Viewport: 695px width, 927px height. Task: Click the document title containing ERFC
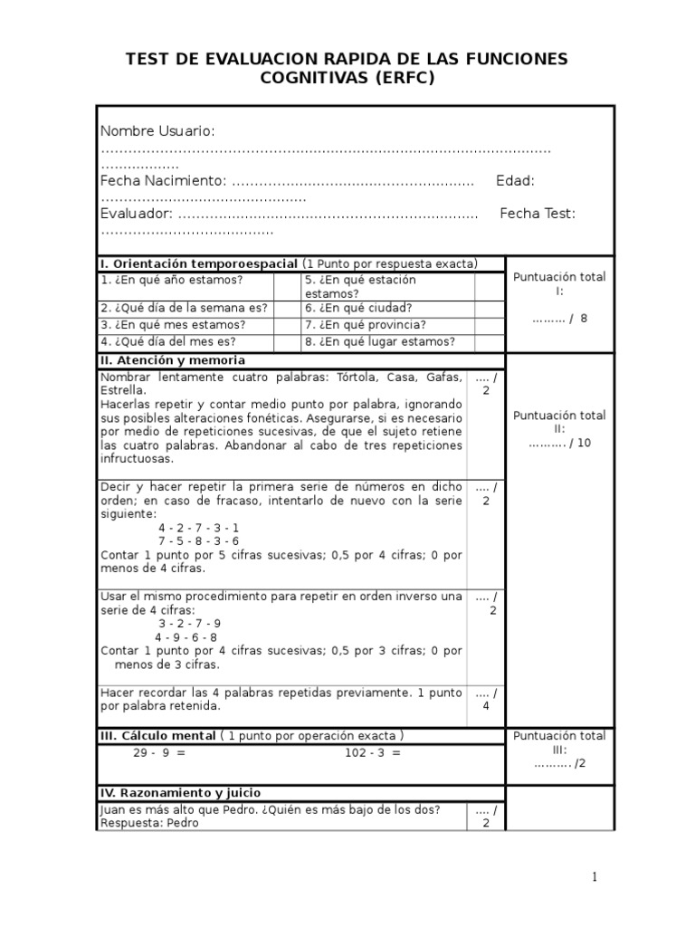coord(347,69)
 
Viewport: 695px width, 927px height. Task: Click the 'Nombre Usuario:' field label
coord(157,131)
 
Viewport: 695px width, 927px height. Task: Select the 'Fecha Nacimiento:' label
coord(164,181)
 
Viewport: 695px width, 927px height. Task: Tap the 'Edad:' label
coord(515,181)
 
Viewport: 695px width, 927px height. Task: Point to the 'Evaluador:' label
coord(137,214)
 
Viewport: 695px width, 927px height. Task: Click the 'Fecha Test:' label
coord(538,214)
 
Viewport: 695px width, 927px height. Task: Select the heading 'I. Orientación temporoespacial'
coord(198,263)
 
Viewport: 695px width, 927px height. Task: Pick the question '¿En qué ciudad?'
coord(358,308)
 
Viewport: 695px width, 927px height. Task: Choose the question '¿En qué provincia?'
coord(365,325)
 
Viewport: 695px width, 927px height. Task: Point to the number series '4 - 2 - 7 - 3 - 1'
coord(198,528)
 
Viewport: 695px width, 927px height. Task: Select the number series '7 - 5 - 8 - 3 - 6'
coord(198,541)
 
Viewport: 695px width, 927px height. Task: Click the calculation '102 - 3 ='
coord(372,753)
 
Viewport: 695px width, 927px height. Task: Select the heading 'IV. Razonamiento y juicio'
coord(180,792)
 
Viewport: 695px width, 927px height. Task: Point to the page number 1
coord(595,876)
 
